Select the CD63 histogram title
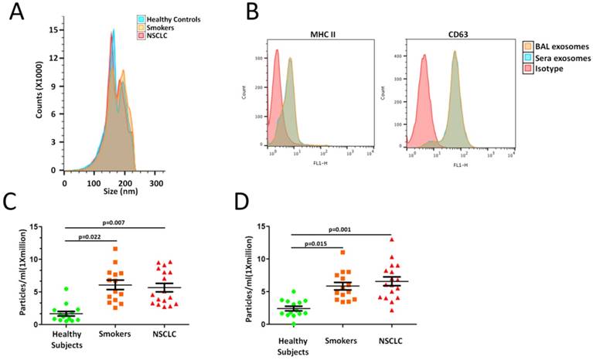[424, 33]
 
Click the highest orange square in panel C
[115, 249]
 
